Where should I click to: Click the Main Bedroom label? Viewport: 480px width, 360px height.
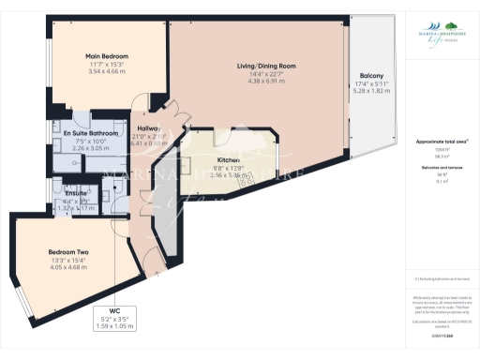pos(108,57)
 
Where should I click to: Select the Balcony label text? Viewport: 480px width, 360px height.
pos(370,75)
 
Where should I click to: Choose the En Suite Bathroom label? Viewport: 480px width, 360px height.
pos(91,133)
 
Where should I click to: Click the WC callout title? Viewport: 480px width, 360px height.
pos(114,310)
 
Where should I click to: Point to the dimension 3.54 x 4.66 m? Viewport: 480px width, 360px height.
pos(108,72)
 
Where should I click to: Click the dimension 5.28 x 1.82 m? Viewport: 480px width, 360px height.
pos(370,91)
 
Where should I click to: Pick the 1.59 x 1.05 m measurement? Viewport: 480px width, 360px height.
pos(114,325)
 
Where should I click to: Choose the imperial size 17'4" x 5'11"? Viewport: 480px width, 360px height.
pos(370,83)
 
